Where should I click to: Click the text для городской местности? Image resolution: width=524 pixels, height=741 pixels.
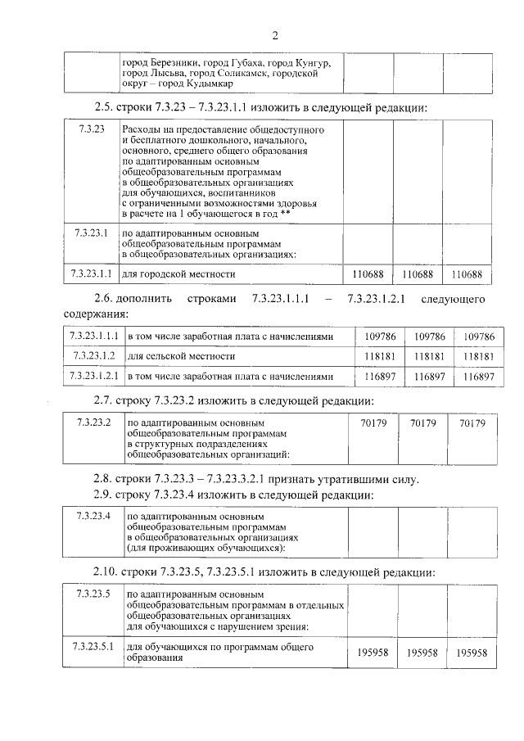point(178,273)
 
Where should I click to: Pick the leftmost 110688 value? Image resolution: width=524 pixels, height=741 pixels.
point(368,273)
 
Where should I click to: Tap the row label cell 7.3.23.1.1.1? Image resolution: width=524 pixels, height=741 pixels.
point(94,336)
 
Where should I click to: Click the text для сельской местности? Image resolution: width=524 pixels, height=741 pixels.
point(177,356)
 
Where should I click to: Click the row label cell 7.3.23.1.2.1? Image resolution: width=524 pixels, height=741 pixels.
point(94,377)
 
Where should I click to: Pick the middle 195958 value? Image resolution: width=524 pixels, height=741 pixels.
point(423,653)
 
